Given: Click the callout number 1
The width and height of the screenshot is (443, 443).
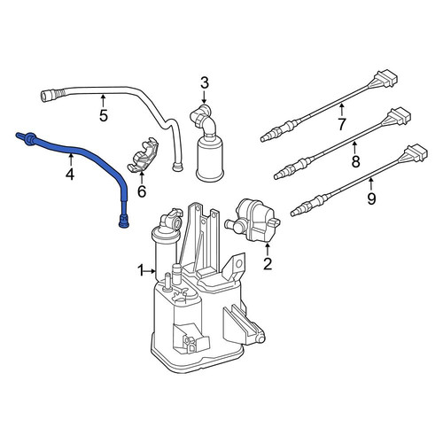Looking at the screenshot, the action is (141, 270).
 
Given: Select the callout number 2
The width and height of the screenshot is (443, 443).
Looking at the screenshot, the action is (268, 264).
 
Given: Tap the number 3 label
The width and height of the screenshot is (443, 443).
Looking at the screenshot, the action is (205, 83).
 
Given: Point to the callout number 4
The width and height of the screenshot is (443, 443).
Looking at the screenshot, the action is (70, 175).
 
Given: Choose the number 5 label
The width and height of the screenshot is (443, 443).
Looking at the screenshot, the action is (104, 115).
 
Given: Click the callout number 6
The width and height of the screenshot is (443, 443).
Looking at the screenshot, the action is (142, 191).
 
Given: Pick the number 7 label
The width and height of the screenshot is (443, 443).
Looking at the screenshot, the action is (342, 124).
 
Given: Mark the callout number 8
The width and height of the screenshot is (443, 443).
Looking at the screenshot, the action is (356, 161).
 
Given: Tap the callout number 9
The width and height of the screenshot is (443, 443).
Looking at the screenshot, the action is (371, 198).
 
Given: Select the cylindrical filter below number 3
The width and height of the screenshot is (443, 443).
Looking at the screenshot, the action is (210, 158).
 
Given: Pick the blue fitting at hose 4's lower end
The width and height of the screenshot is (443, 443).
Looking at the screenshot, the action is (124, 221).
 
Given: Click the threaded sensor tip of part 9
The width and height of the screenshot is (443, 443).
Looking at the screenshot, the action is (299, 210).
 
